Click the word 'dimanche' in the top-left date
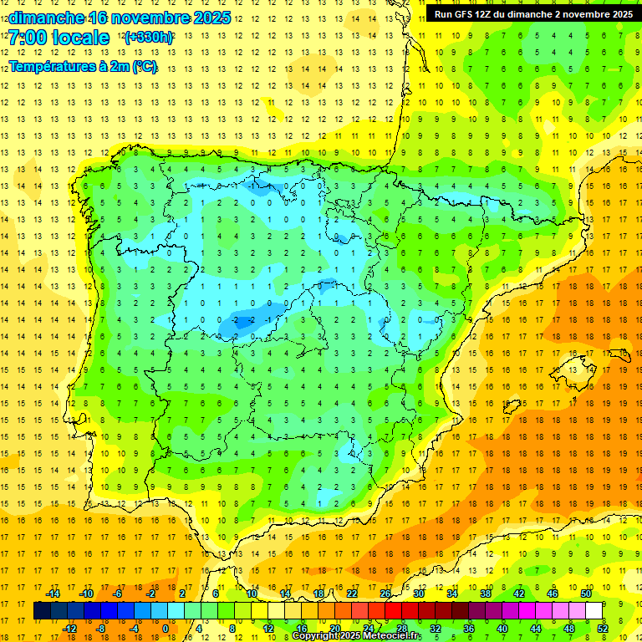click(x=47, y=18)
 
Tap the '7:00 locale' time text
click(x=59, y=38)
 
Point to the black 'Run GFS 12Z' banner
click(x=532, y=13)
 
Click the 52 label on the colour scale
click(x=603, y=628)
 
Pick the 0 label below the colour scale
click(x=166, y=628)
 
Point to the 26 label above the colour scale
click(x=385, y=594)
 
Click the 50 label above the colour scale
click(x=586, y=594)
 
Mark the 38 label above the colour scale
click(x=486, y=594)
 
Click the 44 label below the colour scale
click(x=536, y=628)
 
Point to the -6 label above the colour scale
click(x=118, y=594)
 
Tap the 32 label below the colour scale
click(x=436, y=628)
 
